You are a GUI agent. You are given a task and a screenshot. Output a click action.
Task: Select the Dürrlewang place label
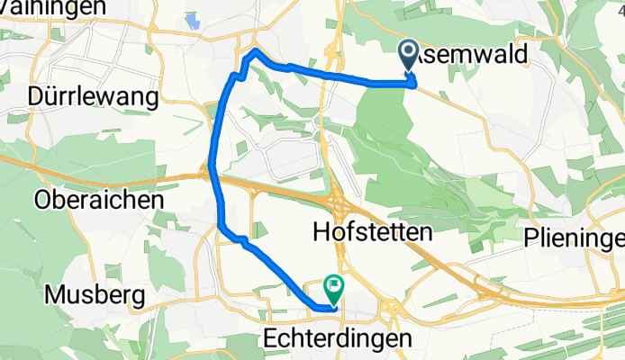94,96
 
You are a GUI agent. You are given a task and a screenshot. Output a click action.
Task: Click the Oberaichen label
98,200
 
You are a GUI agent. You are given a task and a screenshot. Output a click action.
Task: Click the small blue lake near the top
193,20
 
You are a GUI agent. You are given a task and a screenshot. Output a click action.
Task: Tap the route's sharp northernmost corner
255,50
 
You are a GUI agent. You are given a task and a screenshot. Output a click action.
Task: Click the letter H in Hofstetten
320,232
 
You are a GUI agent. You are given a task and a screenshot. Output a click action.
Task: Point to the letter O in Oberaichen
43,200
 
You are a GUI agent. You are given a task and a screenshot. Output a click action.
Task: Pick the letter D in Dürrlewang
37,96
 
